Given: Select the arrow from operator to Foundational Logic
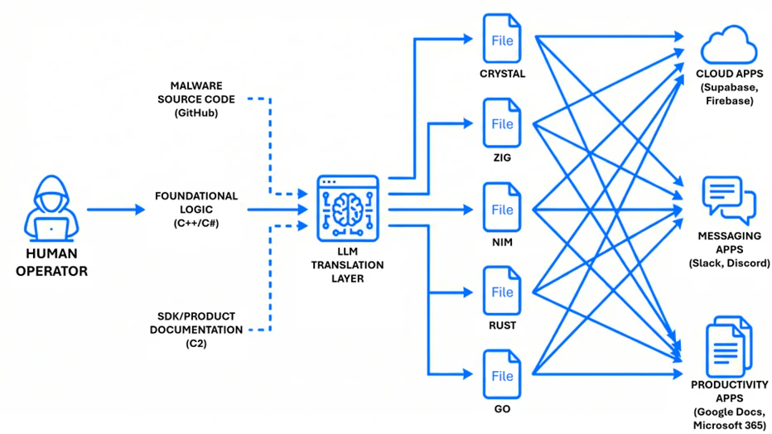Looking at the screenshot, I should click(115, 210).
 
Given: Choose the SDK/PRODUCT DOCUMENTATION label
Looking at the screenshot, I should click(196, 329).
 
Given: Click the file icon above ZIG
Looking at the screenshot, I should click(502, 123).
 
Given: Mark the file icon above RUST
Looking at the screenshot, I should click(502, 292).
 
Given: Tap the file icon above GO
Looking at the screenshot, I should click(502, 375).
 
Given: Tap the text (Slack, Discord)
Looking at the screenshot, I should click(729, 263).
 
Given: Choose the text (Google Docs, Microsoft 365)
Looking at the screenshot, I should click(729, 418).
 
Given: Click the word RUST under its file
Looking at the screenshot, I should click(502, 325).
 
